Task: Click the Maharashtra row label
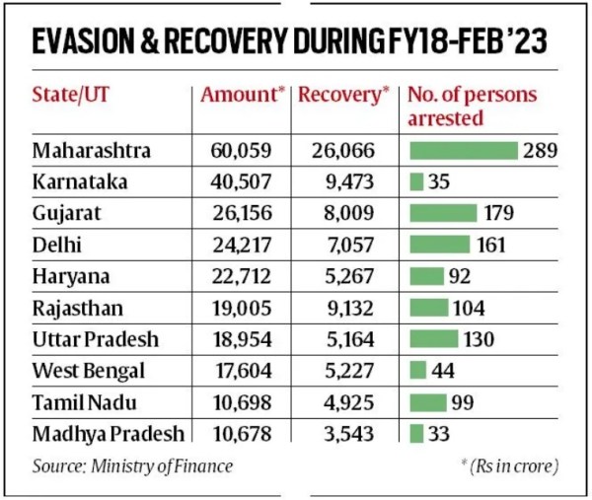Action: point(91,151)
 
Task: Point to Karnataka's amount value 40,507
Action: point(240,182)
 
